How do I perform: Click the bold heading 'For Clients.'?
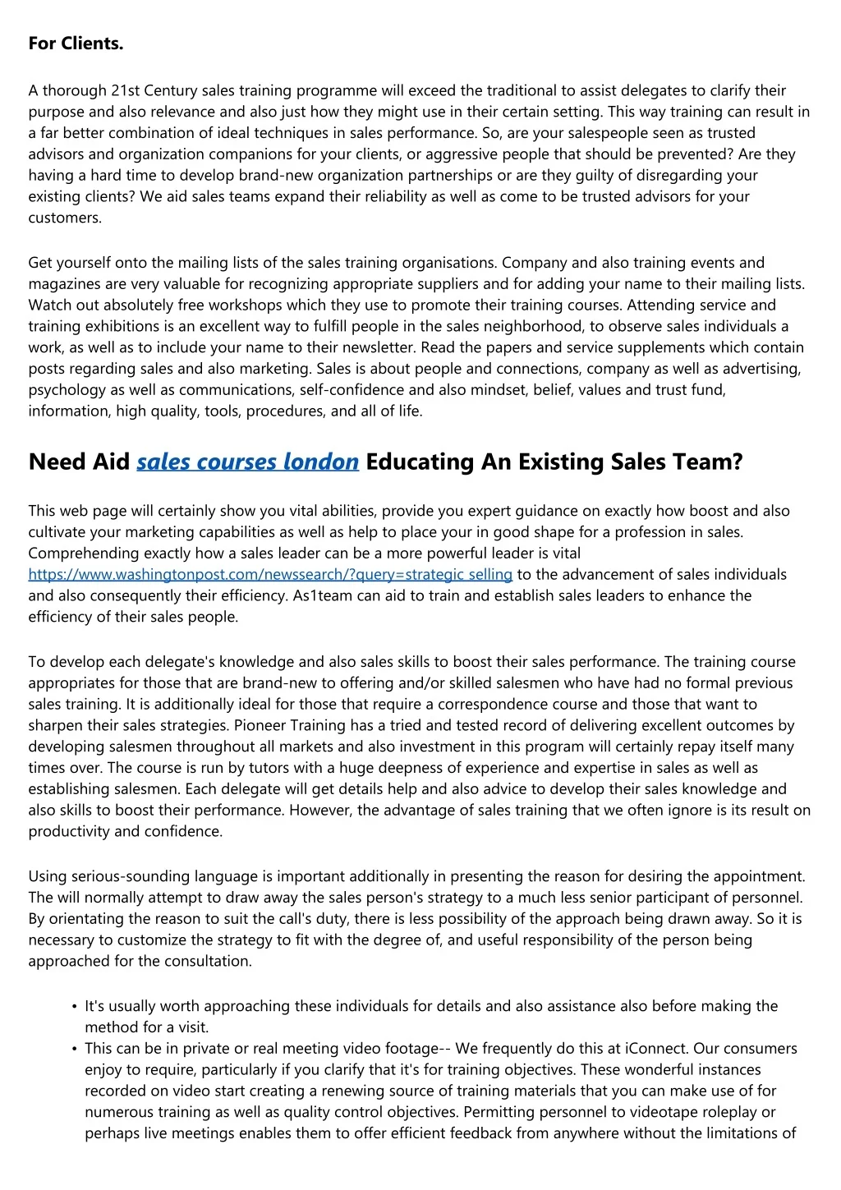[x=76, y=44]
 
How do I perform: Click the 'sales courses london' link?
[x=247, y=462]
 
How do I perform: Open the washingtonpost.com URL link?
[x=270, y=575]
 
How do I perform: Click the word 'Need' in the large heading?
[x=57, y=462]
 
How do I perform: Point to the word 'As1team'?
[x=323, y=595]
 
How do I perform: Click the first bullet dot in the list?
[x=75, y=1007]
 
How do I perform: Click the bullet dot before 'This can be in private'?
[x=75, y=1049]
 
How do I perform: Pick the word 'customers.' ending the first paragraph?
[x=65, y=218]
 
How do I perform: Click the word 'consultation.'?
[x=210, y=961]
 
